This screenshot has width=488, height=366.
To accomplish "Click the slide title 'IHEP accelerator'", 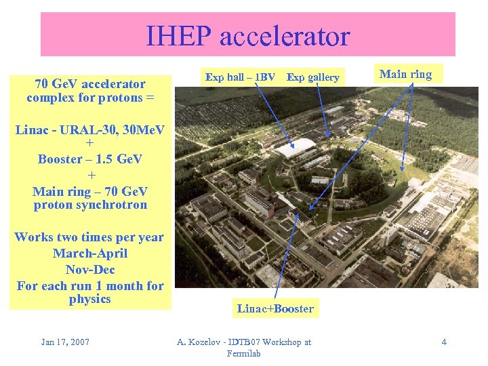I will [x=247, y=36].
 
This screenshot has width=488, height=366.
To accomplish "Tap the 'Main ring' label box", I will [x=405, y=75].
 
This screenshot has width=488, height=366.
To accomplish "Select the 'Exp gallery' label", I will [x=312, y=77].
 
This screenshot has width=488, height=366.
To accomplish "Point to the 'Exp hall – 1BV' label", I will [x=240, y=77].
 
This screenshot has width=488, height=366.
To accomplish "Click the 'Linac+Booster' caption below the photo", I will [x=275, y=309].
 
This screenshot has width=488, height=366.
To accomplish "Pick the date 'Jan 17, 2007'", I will [x=65, y=342].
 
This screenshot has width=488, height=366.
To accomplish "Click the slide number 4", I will [x=444, y=342].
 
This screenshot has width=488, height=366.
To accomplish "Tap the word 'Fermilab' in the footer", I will [x=244, y=354].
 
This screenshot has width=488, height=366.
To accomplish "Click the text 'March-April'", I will [x=89, y=253].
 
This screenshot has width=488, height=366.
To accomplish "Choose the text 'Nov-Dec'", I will [x=89, y=270].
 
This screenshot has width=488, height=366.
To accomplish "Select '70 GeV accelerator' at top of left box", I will [x=89, y=84].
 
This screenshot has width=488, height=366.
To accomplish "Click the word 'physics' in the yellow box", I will [x=89, y=299].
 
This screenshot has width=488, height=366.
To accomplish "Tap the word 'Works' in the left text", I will [x=33, y=237].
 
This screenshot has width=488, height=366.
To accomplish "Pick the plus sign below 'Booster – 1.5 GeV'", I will [x=89, y=176].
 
